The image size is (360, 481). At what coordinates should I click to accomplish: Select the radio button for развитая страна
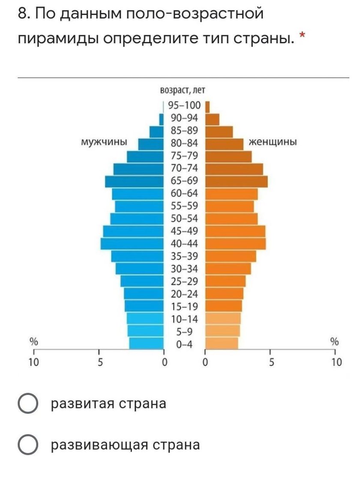tap(28, 404)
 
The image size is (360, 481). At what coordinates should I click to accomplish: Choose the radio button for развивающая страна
tap(28, 445)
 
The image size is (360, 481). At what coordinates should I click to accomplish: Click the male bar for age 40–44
tap(132, 244)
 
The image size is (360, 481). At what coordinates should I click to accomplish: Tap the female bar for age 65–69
tap(237, 181)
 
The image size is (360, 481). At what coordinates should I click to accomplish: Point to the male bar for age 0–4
tap(147, 343)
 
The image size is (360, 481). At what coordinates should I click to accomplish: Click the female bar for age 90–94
tap(213, 119)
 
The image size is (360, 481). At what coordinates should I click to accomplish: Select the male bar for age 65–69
tap(135, 181)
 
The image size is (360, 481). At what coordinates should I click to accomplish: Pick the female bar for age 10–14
tap(223, 318)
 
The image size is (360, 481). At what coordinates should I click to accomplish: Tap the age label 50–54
tap(185, 219)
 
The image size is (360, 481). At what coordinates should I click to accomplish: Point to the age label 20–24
tap(185, 294)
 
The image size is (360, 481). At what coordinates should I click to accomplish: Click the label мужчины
tap(104, 142)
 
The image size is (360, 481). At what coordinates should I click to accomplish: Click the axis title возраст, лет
tap(182, 90)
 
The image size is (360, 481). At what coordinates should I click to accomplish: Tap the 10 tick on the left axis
tap(33, 362)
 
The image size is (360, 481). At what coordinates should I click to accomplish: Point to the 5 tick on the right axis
tap(270, 362)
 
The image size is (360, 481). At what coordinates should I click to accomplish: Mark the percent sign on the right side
tap(334, 341)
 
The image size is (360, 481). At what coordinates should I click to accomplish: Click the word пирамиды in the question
tap(58, 39)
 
